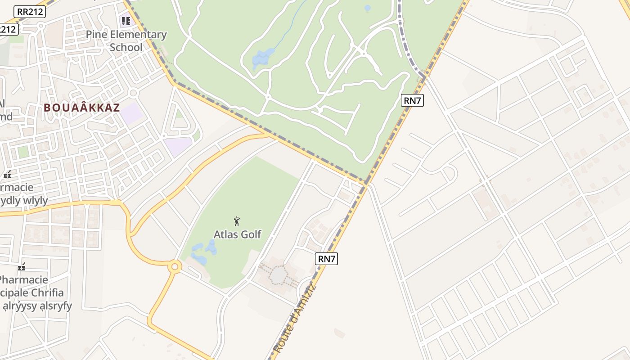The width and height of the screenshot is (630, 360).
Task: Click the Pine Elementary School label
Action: point(126,41)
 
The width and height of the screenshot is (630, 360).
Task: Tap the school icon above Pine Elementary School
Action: point(126,21)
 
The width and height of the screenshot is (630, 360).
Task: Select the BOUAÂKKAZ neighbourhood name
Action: point(82,108)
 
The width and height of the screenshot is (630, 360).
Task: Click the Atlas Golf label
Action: point(237,234)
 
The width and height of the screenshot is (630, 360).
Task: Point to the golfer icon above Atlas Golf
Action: point(237,221)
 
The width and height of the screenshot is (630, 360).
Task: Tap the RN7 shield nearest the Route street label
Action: point(327,259)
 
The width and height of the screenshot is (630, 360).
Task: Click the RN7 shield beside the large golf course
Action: point(412,100)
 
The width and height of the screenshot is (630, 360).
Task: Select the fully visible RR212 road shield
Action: point(30,12)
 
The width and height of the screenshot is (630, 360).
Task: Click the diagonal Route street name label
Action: point(295,319)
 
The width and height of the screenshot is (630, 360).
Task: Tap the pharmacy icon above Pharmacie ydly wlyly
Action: point(7,174)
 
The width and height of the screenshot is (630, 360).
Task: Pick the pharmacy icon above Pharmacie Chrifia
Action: point(21,267)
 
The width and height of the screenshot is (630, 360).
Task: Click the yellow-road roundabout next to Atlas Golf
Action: point(175,267)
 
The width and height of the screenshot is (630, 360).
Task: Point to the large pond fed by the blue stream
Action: point(263,58)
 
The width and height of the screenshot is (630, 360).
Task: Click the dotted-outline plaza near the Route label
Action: point(279,275)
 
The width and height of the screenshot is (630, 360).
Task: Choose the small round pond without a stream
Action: point(367,8)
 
